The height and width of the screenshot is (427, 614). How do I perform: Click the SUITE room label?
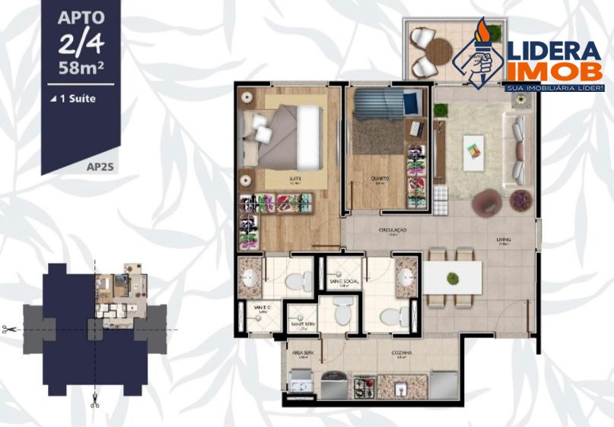click(294, 179)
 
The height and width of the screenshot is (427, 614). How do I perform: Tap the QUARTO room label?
click(380, 179)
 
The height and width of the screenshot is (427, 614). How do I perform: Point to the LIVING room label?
click(504, 241)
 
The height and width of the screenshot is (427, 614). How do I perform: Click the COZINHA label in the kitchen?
click(404, 353)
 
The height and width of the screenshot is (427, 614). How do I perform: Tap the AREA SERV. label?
click(302, 353)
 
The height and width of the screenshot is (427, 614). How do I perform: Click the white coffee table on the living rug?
click(473, 145)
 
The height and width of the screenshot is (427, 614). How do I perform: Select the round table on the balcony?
click(438, 52)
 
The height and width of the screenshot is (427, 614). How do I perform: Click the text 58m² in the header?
click(81, 66)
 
